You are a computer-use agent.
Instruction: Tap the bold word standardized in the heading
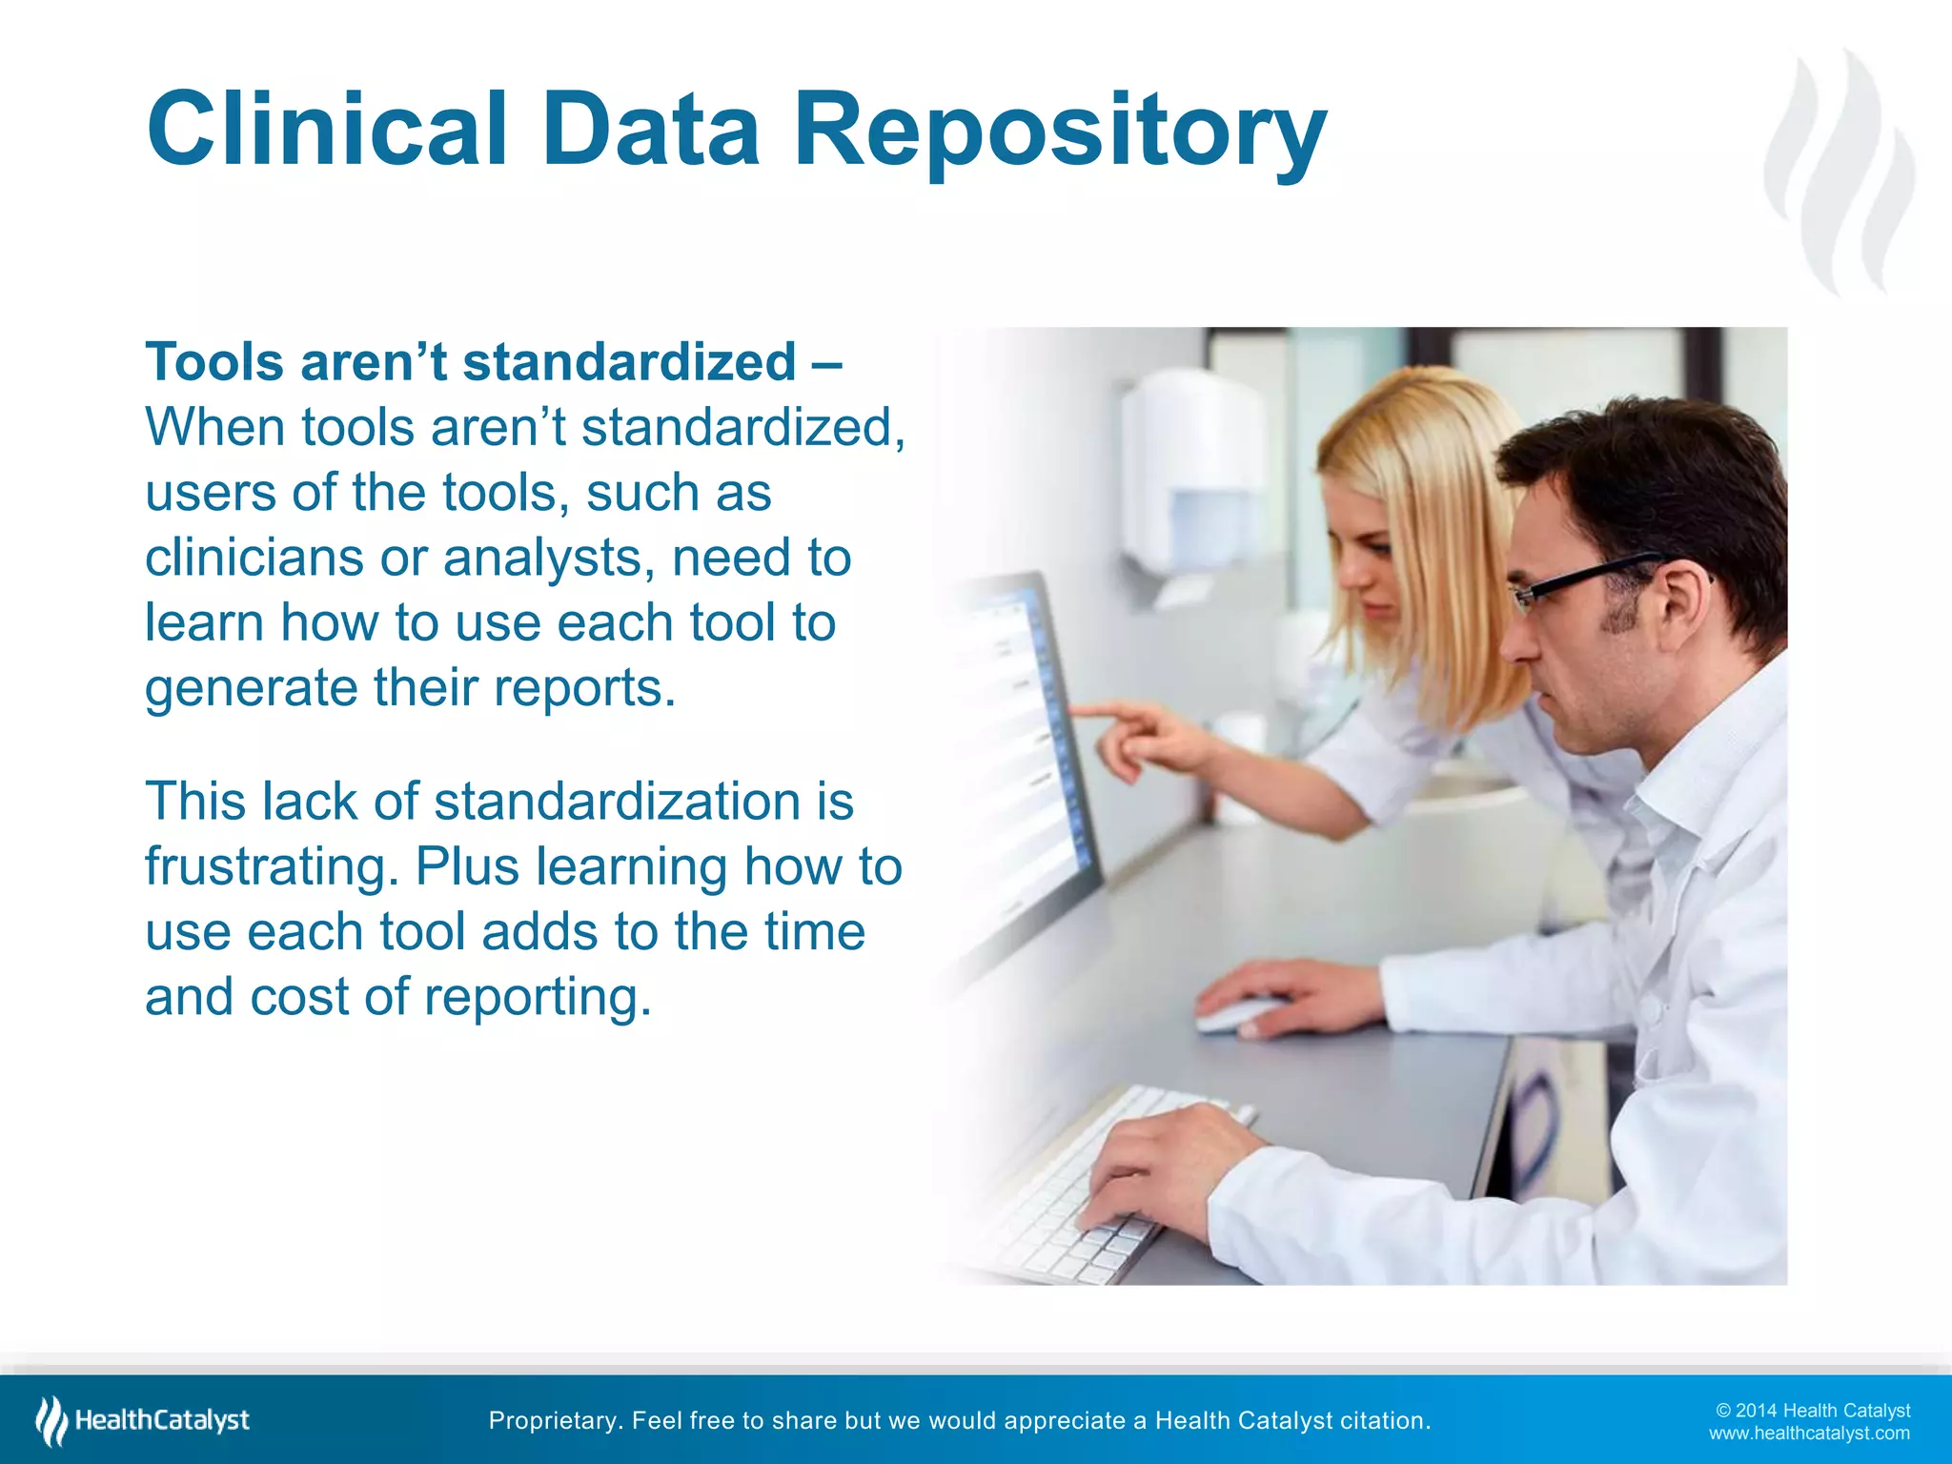tap(629, 363)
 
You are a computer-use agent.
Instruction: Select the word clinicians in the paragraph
tap(254, 558)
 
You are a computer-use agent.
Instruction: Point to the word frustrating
tap(271, 867)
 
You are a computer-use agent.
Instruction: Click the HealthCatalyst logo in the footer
tap(143, 1420)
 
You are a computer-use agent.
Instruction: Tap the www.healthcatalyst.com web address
tap(1808, 1433)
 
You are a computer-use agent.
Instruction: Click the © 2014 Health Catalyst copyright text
tap(1812, 1411)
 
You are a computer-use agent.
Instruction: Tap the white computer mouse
tap(1239, 1014)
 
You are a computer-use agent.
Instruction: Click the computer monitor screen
tap(1010, 743)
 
